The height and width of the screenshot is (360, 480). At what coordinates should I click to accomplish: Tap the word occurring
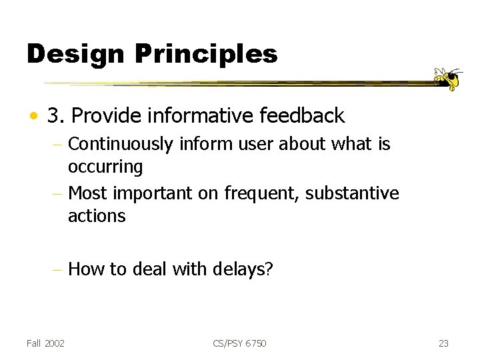(105, 166)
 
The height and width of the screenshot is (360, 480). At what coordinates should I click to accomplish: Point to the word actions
(96, 215)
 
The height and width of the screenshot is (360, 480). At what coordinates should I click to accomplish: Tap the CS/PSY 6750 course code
(240, 343)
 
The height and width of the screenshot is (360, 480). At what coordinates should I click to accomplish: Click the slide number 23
(443, 343)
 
